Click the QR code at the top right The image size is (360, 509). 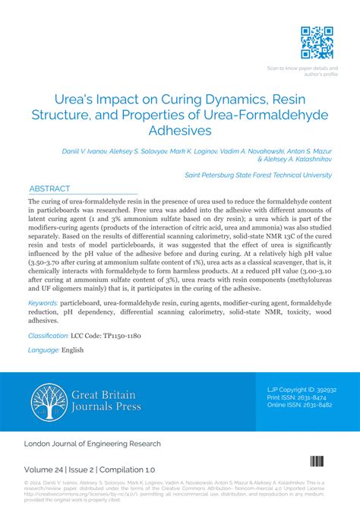317,43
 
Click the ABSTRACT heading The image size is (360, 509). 49,188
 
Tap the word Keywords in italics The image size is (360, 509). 43,302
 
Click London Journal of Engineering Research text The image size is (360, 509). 93,443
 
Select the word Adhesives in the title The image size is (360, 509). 179,131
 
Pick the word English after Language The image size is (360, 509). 73,350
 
